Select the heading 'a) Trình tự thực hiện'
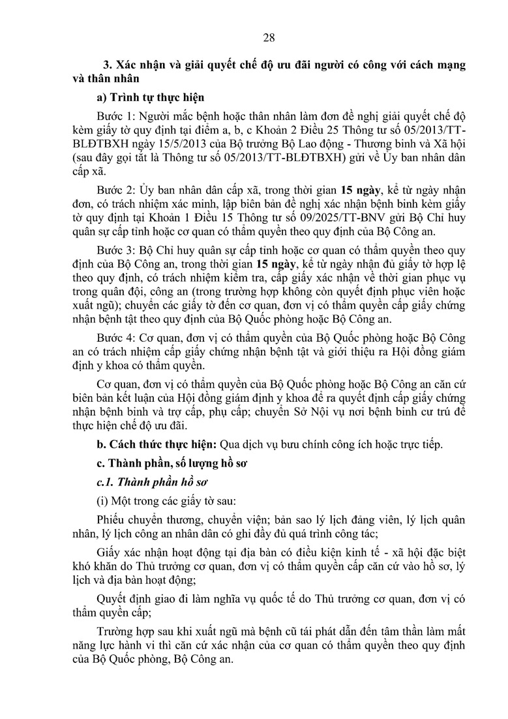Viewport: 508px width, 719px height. tap(150, 98)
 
